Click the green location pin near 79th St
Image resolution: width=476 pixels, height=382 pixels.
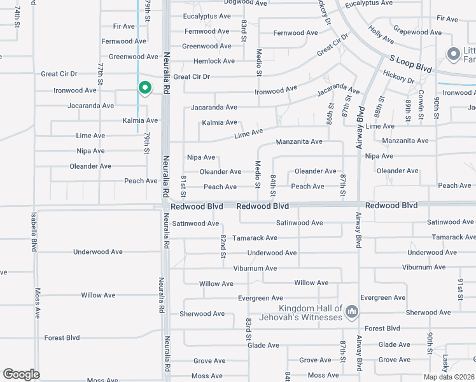coord(144,88)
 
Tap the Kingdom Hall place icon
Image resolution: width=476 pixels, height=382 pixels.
coord(353,312)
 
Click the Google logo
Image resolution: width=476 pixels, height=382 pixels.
coord(21,374)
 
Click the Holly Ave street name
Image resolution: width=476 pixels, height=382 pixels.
coord(381,36)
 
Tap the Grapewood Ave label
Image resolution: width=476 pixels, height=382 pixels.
coord(417,30)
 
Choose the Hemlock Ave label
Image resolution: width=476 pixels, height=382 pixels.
coord(214,61)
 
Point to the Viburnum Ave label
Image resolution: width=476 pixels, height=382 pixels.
coord(255,268)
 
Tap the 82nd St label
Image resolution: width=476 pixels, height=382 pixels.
coord(223,246)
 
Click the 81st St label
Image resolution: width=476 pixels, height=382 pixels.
coord(183,185)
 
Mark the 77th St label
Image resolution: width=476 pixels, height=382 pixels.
coord(101,74)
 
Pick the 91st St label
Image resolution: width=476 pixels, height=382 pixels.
coord(459,288)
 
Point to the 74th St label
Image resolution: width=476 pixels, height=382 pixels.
coord(17,14)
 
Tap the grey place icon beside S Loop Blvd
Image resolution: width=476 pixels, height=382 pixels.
coord(454,54)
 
